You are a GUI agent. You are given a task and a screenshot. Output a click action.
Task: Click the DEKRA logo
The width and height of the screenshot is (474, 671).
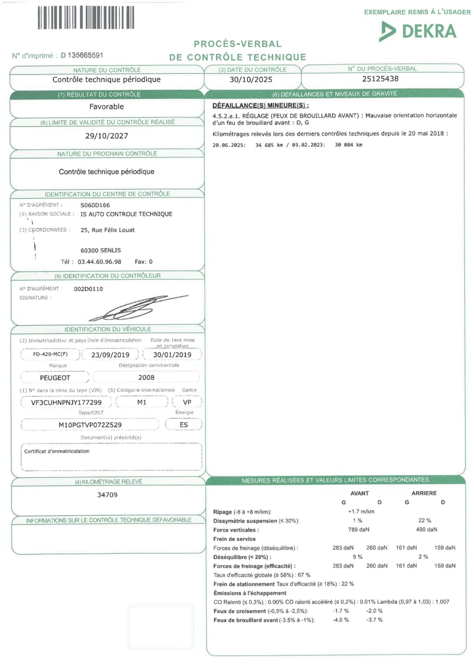point(418,31)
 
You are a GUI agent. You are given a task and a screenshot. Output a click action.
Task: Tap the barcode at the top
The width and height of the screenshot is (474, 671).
point(86,18)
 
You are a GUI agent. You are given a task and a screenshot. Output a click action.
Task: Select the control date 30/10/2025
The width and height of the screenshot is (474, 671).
point(251,80)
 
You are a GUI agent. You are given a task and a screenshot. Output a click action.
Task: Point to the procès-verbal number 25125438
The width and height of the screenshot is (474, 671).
point(380,79)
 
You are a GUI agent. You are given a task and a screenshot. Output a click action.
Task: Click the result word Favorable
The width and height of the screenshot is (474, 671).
point(106,107)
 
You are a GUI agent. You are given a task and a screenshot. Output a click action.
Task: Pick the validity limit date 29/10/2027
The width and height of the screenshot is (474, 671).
point(106,136)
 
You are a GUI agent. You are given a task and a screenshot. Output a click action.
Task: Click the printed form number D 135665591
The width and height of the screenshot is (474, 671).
point(82,55)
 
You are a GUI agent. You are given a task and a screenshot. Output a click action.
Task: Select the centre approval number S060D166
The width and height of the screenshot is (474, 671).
point(95,205)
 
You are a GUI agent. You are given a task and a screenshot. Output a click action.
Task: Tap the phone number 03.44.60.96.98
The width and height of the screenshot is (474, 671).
point(99,262)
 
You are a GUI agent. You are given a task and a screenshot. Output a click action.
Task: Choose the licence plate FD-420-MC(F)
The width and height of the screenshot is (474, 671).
point(50,354)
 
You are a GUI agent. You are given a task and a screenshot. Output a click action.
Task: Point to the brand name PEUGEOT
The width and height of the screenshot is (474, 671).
point(55,378)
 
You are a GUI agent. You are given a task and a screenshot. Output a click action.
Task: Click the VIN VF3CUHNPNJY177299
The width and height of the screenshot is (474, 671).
point(66,402)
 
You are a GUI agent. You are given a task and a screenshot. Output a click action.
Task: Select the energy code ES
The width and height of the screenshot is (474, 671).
point(184,425)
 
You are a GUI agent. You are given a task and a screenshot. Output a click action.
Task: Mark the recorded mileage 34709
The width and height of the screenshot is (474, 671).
point(107,495)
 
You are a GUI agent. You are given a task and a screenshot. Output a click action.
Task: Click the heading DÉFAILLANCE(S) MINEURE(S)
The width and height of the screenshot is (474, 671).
point(260,105)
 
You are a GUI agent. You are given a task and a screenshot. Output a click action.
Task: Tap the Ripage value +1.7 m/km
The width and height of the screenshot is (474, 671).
point(361,511)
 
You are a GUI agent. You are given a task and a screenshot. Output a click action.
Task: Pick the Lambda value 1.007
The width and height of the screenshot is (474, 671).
point(442,602)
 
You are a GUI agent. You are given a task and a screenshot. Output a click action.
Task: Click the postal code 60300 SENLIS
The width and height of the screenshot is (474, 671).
point(101,250)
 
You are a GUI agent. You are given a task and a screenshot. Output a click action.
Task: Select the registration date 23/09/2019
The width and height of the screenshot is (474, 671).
point(110,355)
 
